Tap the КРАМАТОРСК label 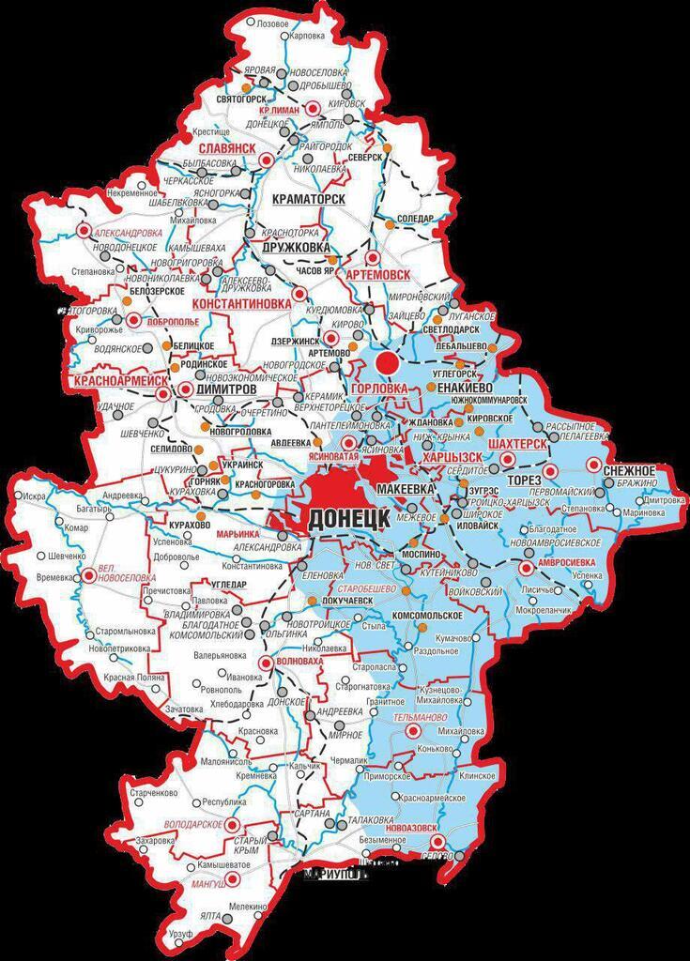(x=307, y=200)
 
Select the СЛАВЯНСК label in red (x=227, y=149)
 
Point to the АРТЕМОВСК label (x=378, y=274)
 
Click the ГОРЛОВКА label (x=379, y=388)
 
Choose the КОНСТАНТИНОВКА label (x=240, y=305)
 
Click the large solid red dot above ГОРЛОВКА (x=385, y=362)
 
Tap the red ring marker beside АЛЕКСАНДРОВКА (x=84, y=230)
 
